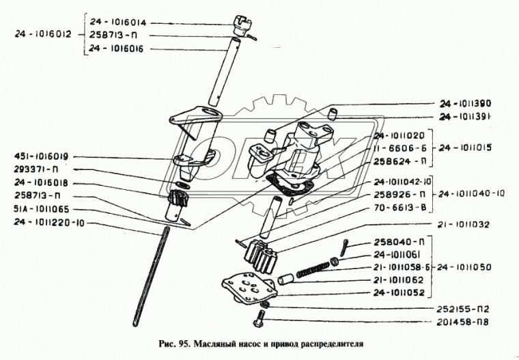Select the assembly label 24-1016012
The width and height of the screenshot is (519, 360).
[42, 35]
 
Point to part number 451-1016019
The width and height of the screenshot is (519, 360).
[43, 156]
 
